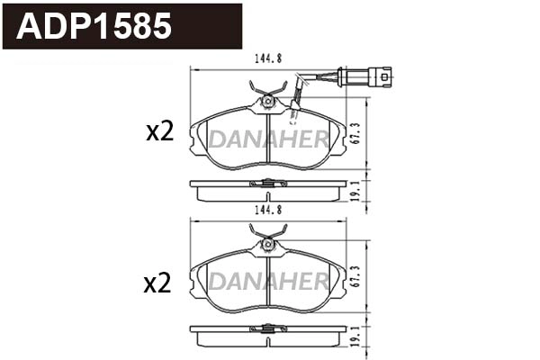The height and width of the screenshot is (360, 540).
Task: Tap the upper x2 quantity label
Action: (x=158, y=133)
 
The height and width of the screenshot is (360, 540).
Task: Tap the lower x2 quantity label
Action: (x=158, y=284)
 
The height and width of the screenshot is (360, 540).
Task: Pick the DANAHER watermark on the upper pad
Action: (x=268, y=138)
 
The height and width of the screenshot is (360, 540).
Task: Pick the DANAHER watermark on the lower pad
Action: (x=268, y=283)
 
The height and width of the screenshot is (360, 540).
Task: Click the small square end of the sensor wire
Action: (x=386, y=77)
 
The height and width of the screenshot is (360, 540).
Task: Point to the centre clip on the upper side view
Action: (x=268, y=184)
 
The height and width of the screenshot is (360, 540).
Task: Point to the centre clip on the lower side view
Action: (x=268, y=331)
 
